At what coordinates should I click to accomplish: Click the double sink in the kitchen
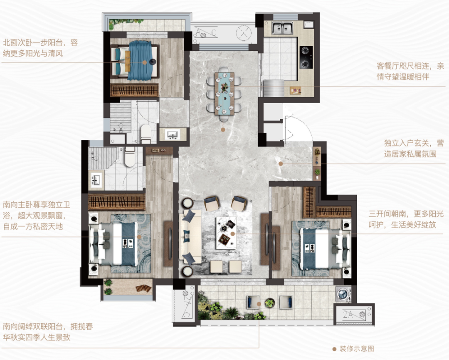coord(283,28)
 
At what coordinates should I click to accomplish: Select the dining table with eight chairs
coord(224,92)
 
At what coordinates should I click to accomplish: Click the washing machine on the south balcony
coord(343,294)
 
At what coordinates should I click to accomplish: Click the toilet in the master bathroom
coord(130,157)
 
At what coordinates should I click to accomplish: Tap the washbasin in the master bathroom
coord(96,180)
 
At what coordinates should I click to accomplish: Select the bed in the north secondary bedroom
coord(137,60)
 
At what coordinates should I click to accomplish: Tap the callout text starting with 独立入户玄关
coord(413,148)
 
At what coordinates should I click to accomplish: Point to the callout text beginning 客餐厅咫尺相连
coord(410,71)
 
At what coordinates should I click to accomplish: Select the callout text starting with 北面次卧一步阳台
coord(39,48)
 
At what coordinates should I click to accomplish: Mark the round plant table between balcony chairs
coord(269,303)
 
